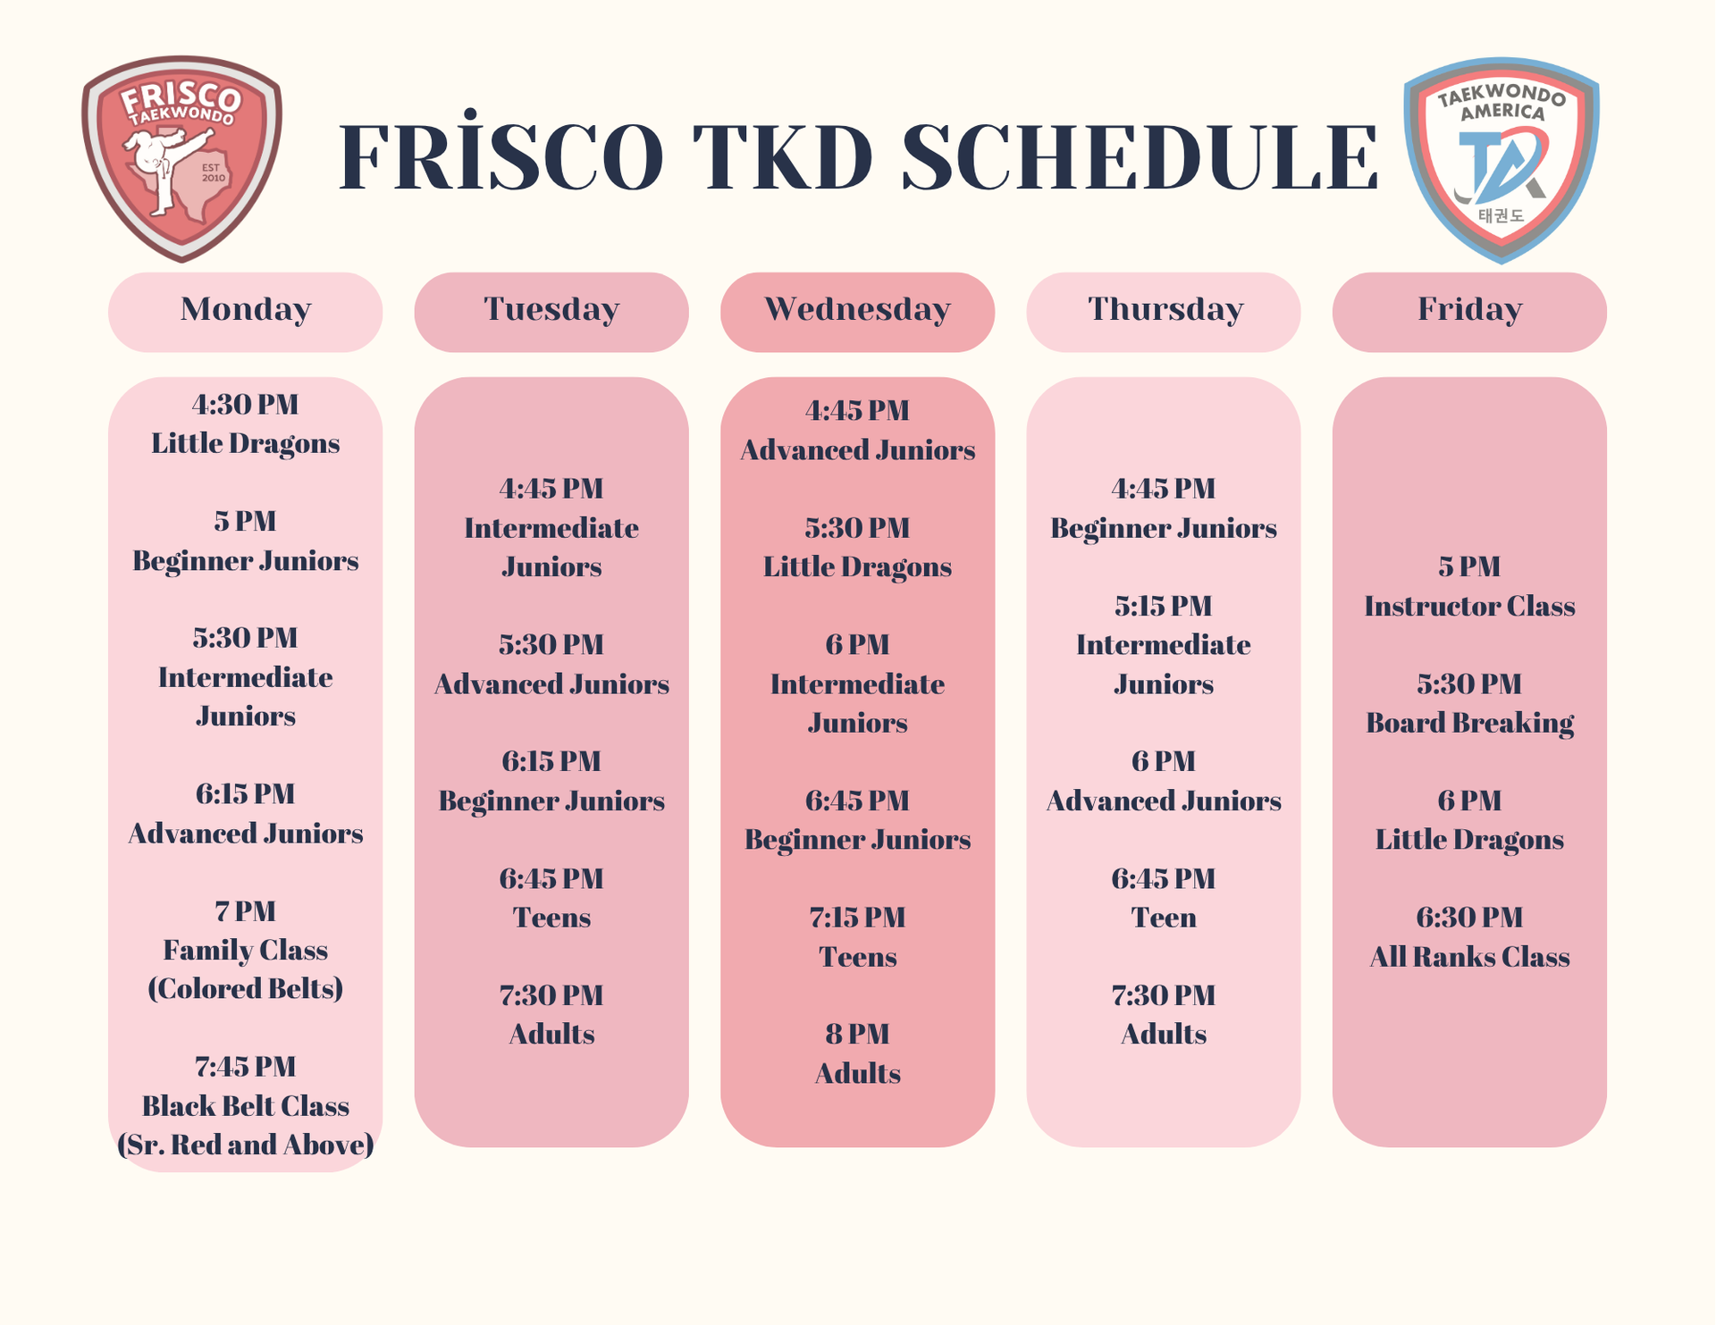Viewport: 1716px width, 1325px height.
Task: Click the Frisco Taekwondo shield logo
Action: coord(182,158)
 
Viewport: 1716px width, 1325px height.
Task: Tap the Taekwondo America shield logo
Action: coord(1501,160)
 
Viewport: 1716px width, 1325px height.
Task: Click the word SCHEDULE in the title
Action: coord(1140,158)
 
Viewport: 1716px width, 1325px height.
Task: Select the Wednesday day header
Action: coord(857,310)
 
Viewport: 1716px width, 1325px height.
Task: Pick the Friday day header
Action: coord(1469,310)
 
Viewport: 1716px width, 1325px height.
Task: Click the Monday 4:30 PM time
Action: coord(245,405)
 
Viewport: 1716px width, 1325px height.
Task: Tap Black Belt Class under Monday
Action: coord(245,1106)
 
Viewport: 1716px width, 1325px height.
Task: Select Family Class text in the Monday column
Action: coord(245,950)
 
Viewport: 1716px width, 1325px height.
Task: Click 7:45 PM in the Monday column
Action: coord(245,1067)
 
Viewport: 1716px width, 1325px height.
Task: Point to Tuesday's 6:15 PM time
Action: coord(551,761)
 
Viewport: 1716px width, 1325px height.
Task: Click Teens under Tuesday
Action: coord(551,918)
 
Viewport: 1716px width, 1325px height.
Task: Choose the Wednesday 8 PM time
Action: coord(857,1035)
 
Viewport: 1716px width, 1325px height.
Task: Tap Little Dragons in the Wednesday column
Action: coord(857,567)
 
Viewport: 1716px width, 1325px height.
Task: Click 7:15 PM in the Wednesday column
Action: coord(857,918)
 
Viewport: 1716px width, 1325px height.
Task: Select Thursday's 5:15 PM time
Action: coord(1163,606)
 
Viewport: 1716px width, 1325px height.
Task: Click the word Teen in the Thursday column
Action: coord(1163,918)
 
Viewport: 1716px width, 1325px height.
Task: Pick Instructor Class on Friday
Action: coord(1469,607)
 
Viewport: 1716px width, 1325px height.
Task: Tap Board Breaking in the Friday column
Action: coord(1469,723)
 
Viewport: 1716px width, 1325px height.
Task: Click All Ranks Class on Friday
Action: coord(1469,957)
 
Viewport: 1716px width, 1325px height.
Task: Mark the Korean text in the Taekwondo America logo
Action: coord(1501,215)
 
